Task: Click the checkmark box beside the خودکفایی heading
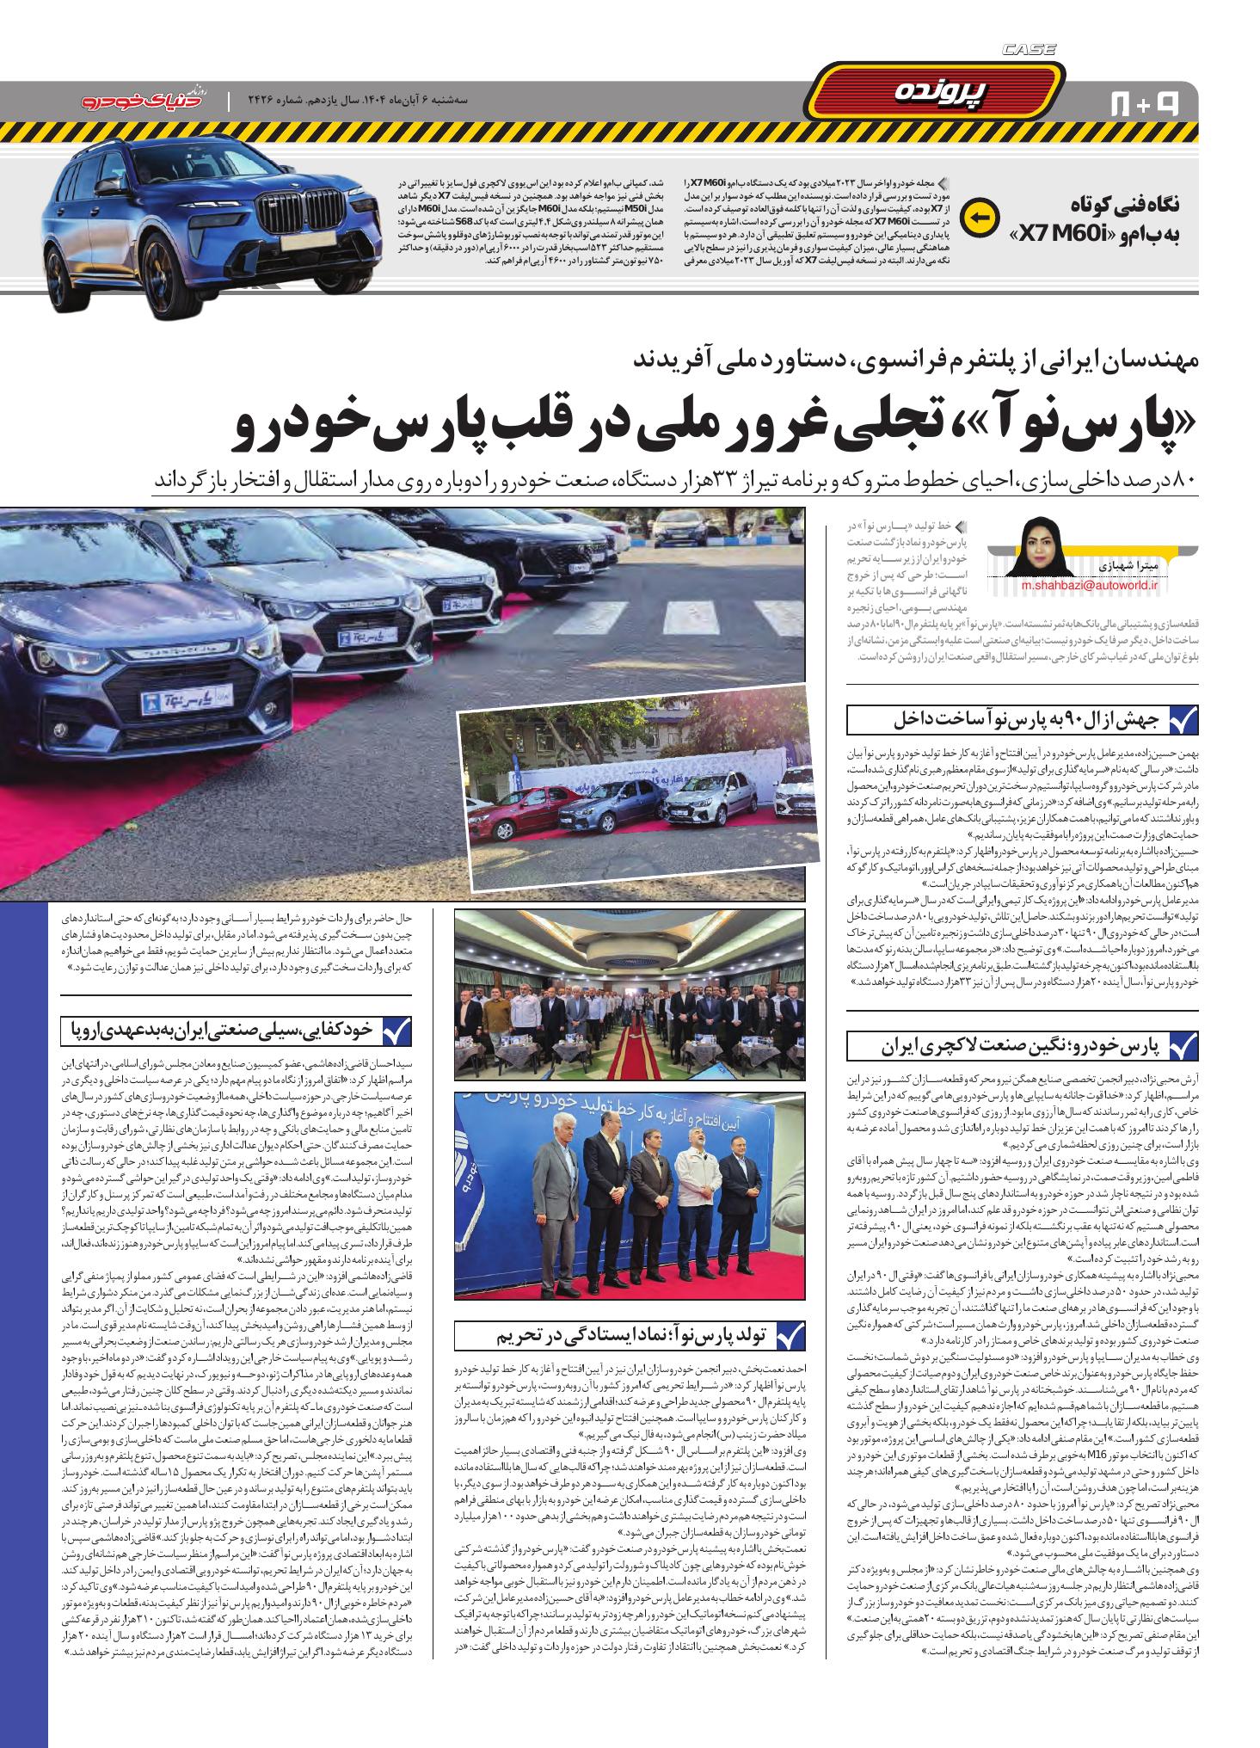tap(396, 1030)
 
